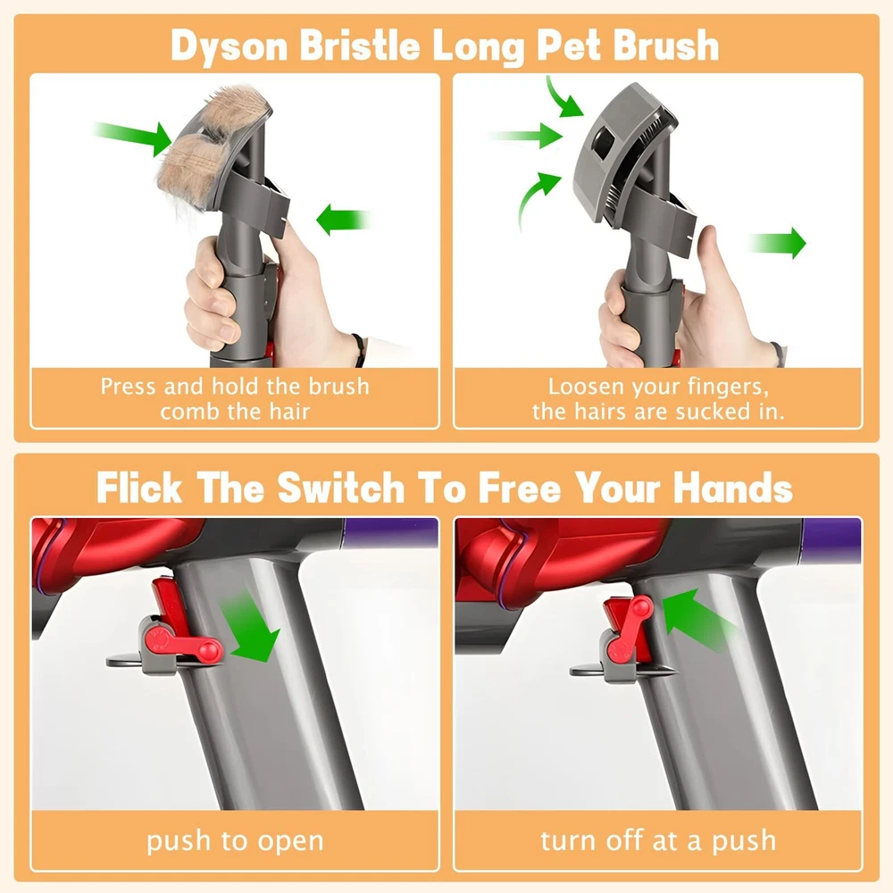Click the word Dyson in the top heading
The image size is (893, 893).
230,46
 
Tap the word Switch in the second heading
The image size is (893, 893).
340,488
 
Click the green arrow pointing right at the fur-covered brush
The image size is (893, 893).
132,138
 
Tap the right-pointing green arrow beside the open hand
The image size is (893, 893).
778,243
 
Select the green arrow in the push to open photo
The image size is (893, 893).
250,627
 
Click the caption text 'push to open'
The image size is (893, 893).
235,840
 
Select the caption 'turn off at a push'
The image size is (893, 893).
658,840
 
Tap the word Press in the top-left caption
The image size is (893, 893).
128,387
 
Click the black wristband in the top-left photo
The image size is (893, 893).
359,348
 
